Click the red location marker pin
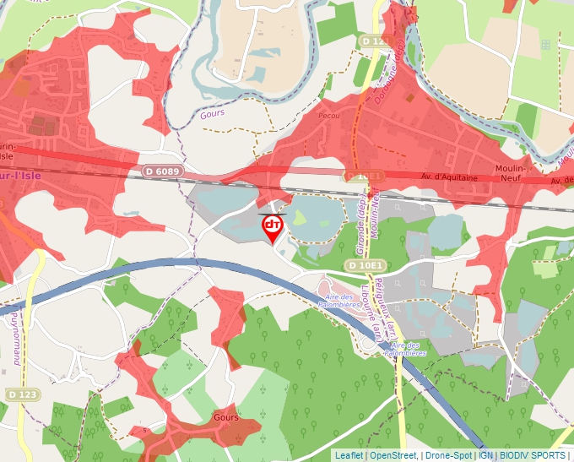[272, 226]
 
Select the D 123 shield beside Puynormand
[23, 394]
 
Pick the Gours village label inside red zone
[227, 418]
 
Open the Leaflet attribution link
[349, 455]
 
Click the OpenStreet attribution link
[393, 455]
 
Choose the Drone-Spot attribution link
[447, 455]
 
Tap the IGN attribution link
[485, 455]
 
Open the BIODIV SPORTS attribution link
[533, 455]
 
